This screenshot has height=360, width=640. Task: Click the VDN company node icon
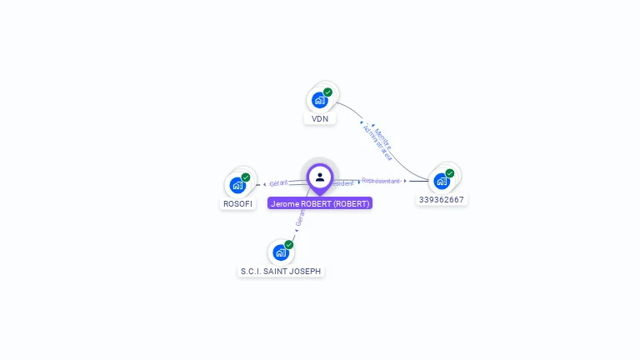[319, 100]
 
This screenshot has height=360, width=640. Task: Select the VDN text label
[320, 119]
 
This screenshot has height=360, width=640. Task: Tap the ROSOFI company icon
[237, 185]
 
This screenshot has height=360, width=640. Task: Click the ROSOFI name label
[237, 203]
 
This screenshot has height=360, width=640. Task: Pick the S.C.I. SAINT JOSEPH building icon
[281, 252]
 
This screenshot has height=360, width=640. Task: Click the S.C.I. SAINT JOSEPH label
[281, 272]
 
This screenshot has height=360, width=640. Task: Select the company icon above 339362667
[442, 181]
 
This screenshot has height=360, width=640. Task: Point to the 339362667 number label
[442, 200]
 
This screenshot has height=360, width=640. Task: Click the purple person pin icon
[320, 177]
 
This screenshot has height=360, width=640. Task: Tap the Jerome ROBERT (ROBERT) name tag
[320, 203]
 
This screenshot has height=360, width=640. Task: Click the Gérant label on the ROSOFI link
[278, 182]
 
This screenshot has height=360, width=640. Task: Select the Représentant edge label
[382, 180]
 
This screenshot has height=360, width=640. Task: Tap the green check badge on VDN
[327, 92]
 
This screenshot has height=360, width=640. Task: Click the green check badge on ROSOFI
[246, 177]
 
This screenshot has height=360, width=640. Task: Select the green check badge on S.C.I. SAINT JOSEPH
[289, 244]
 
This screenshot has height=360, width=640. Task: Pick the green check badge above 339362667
[450, 173]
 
